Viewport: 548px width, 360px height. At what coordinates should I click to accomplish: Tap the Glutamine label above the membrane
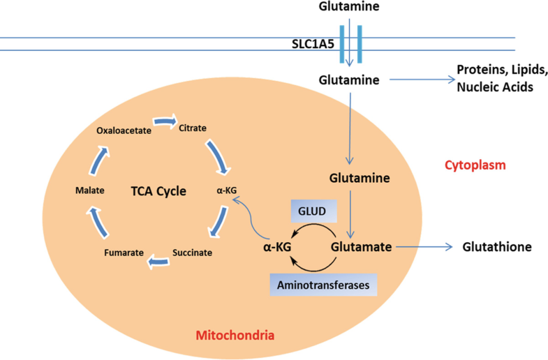(x=349, y=6)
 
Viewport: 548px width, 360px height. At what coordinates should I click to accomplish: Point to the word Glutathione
(x=497, y=247)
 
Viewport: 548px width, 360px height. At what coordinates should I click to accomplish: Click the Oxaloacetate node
(x=124, y=130)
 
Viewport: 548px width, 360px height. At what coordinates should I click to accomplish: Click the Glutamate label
(x=362, y=247)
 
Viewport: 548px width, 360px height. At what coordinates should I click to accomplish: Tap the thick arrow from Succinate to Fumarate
(x=158, y=261)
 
